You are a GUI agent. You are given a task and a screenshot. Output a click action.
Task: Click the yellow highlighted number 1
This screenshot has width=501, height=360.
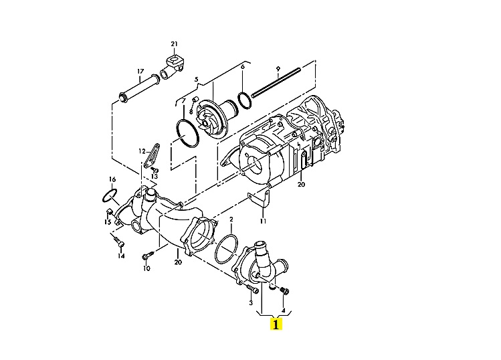coord(276,324)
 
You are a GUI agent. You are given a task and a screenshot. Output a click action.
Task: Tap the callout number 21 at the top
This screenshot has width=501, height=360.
coord(174,43)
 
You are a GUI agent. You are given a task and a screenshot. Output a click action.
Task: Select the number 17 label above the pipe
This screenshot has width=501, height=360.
coord(140,72)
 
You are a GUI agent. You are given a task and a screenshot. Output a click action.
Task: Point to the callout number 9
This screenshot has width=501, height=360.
coord(278,68)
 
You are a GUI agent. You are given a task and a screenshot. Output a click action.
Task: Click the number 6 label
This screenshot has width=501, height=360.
coord(243,66)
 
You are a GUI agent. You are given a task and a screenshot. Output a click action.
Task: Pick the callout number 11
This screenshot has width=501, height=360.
coord(263,221)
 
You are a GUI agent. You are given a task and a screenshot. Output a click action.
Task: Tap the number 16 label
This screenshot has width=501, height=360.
coord(112,179)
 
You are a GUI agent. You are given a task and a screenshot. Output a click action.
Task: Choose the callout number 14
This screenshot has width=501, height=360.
coord(121,256)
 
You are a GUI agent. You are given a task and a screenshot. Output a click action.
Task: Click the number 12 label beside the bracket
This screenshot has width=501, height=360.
coord(142,151)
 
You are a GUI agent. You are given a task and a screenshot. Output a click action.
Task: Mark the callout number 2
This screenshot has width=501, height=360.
coord(231,219)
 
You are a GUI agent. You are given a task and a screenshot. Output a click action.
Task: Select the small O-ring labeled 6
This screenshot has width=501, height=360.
coord(243,100)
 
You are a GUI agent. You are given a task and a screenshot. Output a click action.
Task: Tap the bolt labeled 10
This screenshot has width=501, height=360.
coord(148,256)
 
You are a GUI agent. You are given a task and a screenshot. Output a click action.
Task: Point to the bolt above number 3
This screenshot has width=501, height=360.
coord(253,288)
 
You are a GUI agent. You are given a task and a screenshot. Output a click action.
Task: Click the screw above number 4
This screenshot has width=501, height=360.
coord(284,290)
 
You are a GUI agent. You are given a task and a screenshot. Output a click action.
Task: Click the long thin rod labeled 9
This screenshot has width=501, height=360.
coord(276,82)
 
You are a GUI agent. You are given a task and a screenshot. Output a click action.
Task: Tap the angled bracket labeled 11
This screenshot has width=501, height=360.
coord(260,200)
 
